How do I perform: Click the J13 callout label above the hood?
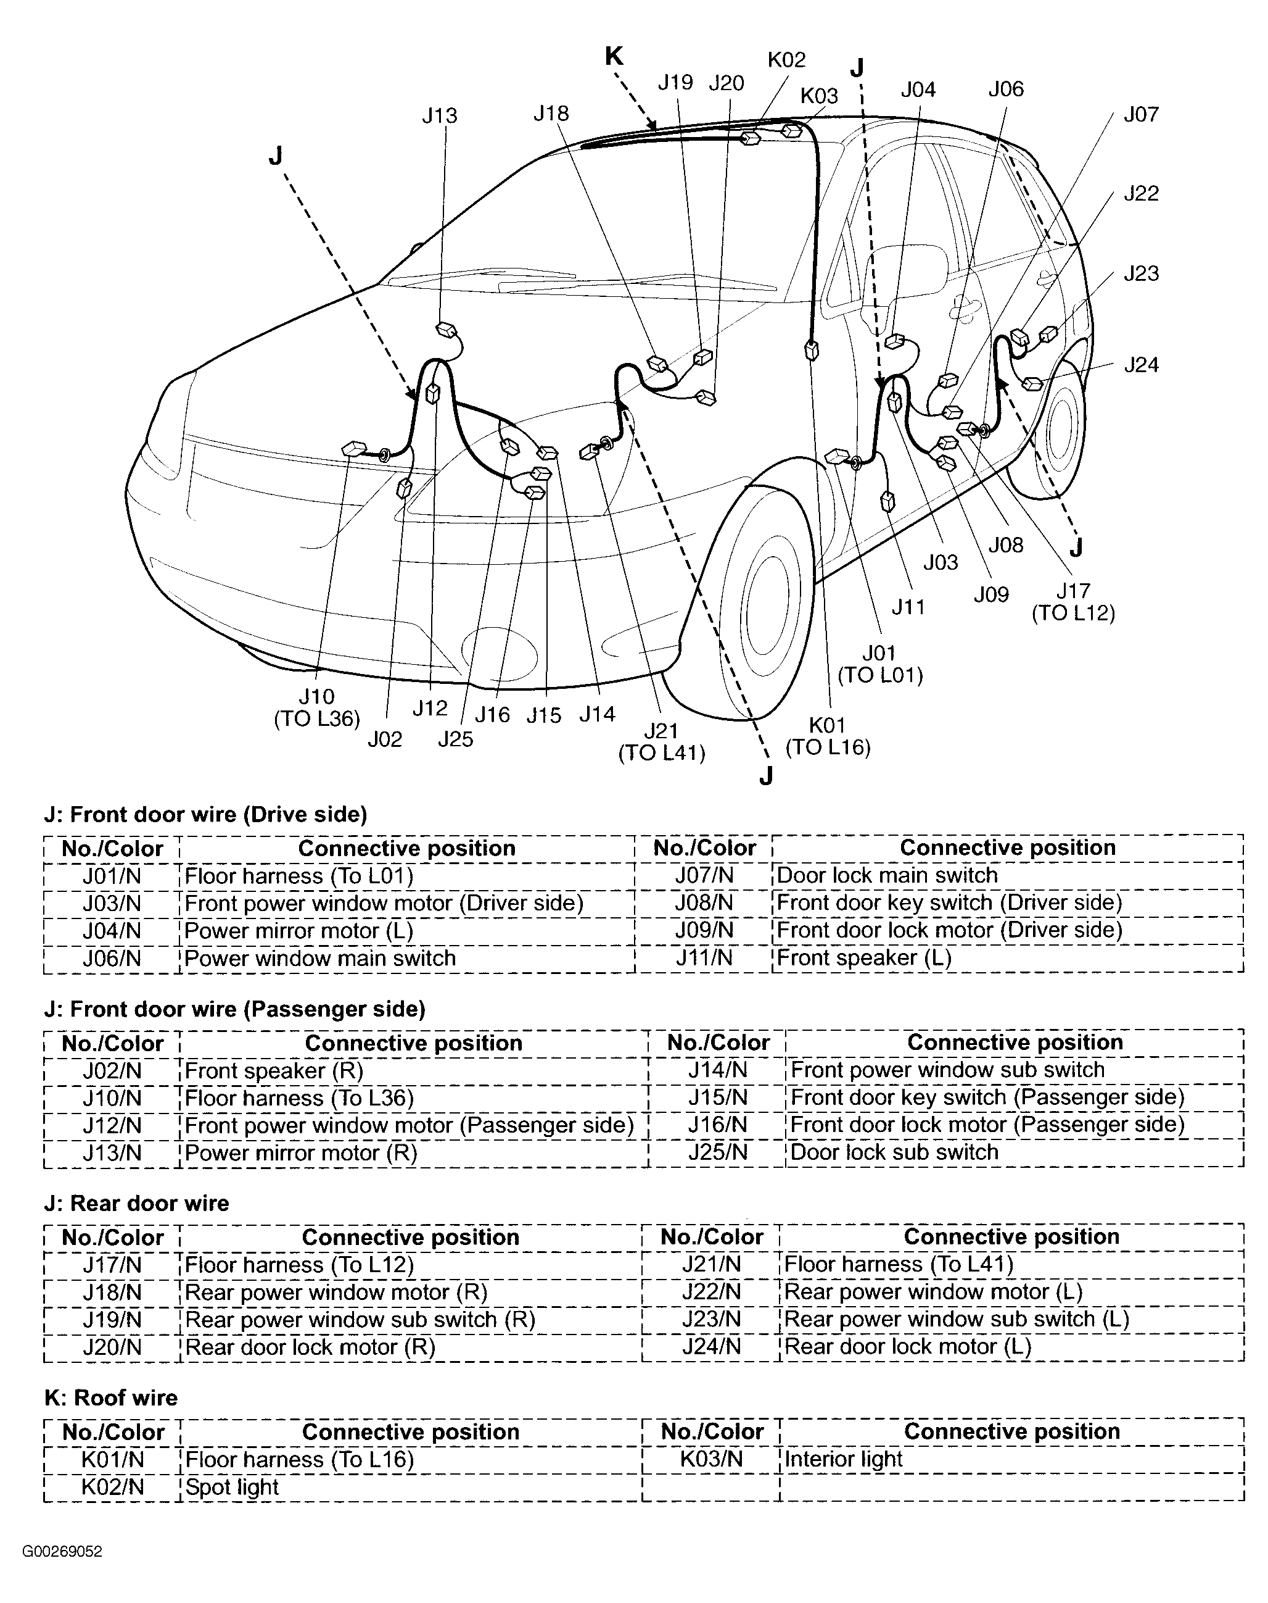point(440,116)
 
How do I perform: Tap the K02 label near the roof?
point(786,59)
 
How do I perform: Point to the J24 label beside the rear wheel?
point(1140,365)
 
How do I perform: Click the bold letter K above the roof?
point(614,56)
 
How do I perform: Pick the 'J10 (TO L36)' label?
point(317,707)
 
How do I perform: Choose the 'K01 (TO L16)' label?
point(827,735)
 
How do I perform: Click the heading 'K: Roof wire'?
point(112,1397)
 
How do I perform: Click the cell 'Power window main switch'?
point(320,958)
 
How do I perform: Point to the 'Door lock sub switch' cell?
point(895,1152)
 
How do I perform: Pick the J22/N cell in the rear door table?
point(711,1292)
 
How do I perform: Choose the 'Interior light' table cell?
point(843,1459)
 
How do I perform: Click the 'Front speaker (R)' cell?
point(274,1070)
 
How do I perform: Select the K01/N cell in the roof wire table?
point(112,1459)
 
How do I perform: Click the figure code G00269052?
point(62,1551)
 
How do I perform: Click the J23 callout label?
point(1140,273)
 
